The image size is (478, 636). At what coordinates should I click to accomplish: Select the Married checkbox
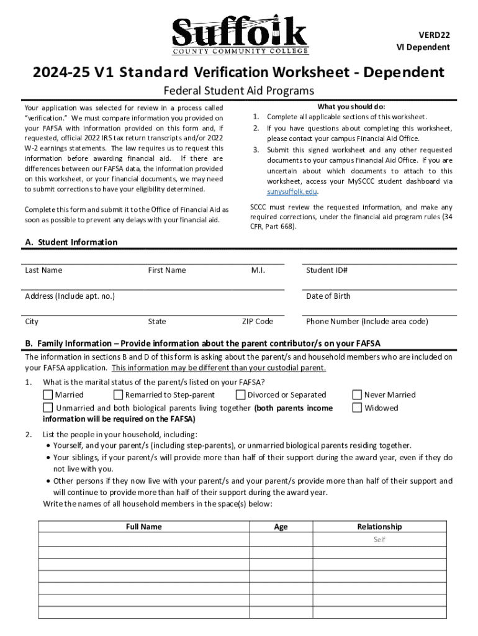pyautogui.click(x=48, y=394)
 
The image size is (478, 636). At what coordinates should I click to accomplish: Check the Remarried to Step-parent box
pyautogui.click(x=119, y=394)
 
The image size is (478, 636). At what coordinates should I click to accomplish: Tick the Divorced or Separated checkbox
pyautogui.click(x=241, y=394)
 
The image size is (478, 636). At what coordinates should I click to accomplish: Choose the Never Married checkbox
pyautogui.click(x=357, y=394)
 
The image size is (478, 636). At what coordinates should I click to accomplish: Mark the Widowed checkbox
pyautogui.click(x=357, y=408)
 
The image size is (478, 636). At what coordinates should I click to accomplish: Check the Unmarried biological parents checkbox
pyautogui.click(x=48, y=408)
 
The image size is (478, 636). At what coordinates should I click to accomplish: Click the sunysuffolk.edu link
pyautogui.click(x=290, y=192)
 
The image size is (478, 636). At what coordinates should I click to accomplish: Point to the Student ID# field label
pyautogui.click(x=327, y=270)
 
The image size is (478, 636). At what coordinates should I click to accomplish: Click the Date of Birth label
pyautogui.click(x=328, y=296)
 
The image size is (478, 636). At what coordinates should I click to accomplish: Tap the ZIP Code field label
pyautogui.click(x=257, y=322)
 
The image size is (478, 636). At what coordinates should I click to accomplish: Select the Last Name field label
pyautogui.click(x=43, y=270)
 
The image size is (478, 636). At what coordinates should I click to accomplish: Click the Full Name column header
pyautogui.click(x=143, y=527)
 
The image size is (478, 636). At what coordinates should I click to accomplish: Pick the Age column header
pyautogui.click(x=281, y=527)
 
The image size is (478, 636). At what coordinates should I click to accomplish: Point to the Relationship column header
pyautogui.click(x=379, y=527)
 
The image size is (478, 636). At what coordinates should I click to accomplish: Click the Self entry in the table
pyautogui.click(x=379, y=540)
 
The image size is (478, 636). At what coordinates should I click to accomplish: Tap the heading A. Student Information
pyautogui.click(x=71, y=242)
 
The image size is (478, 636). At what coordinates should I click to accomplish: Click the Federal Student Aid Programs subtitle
pyautogui.click(x=239, y=91)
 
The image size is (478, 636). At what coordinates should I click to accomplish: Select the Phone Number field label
pyautogui.click(x=367, y=322)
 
